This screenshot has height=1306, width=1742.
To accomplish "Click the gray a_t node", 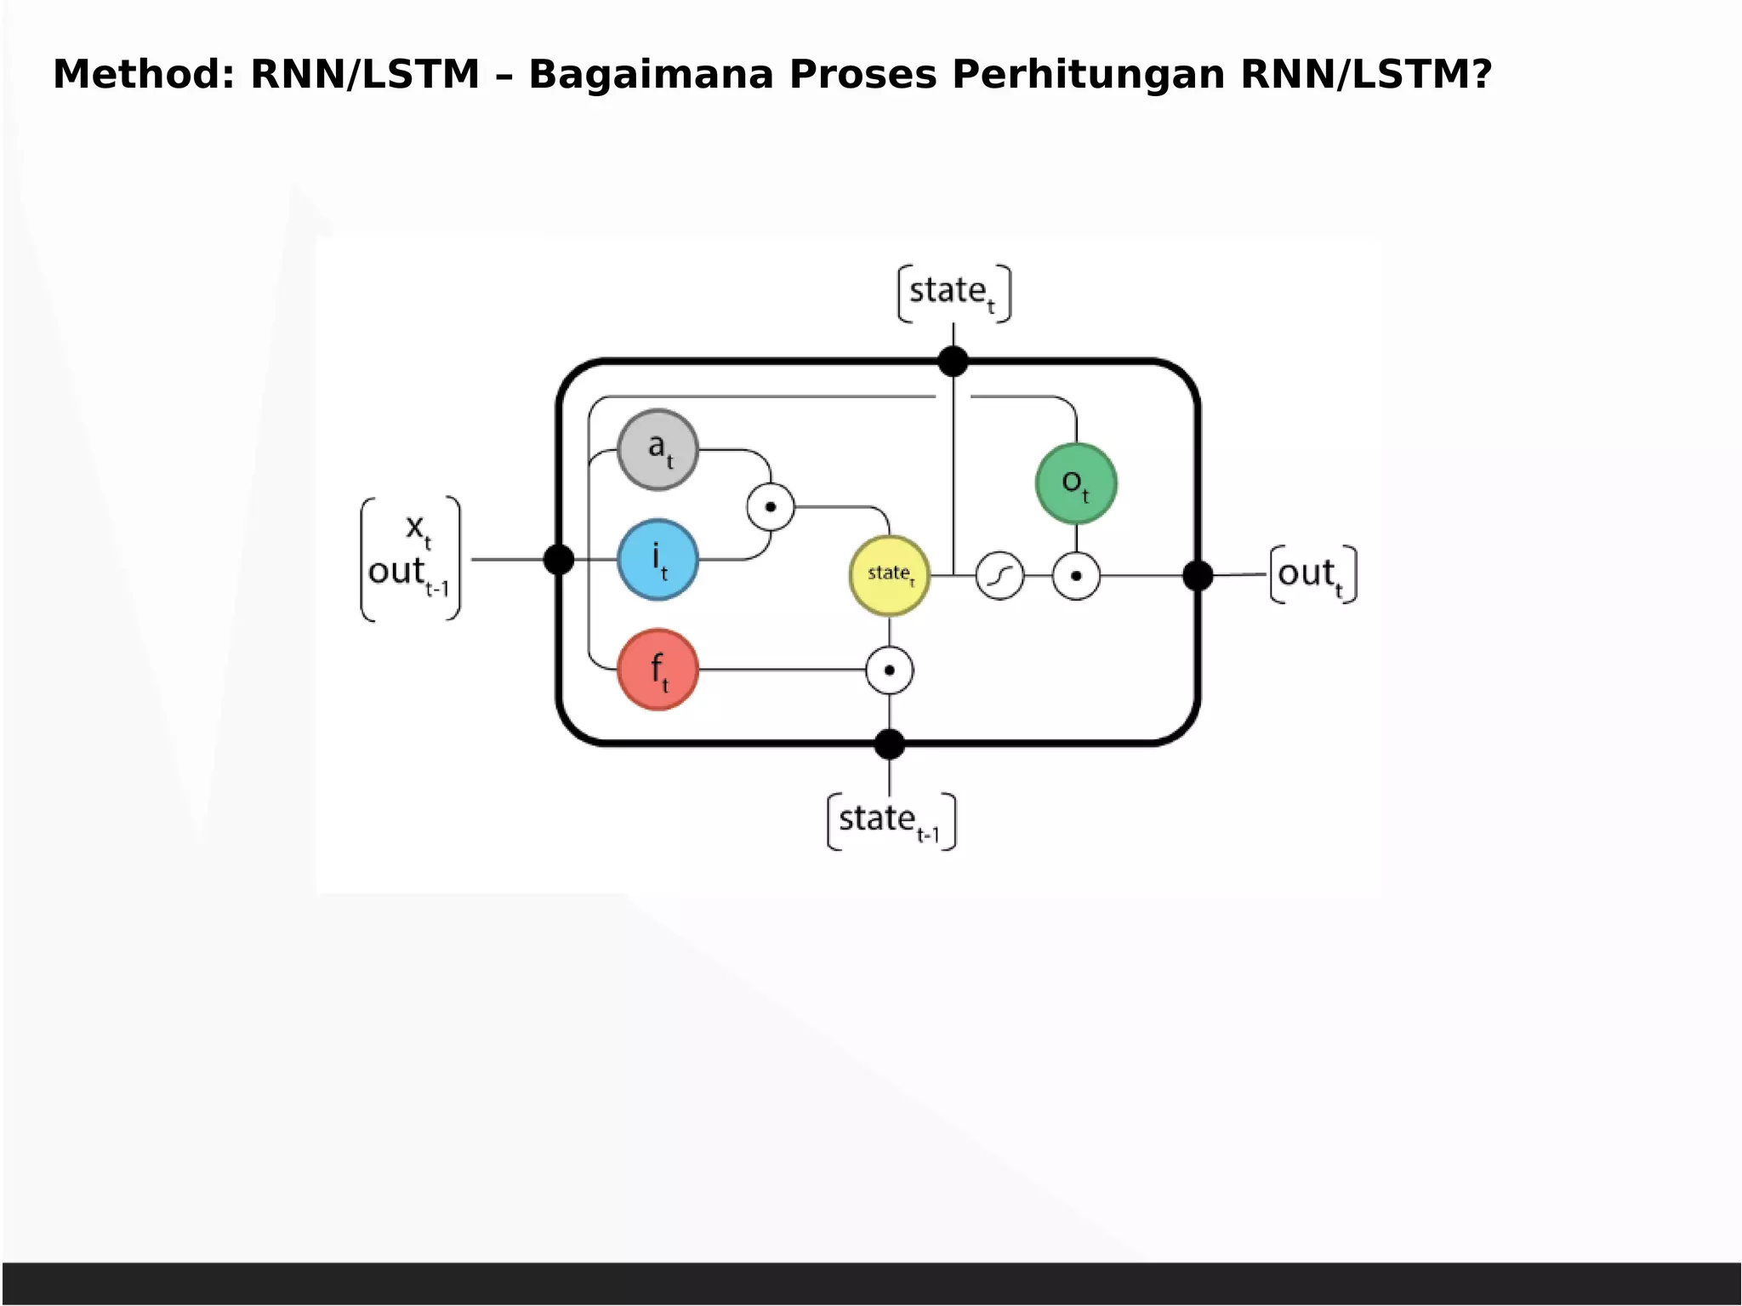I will point(658,449).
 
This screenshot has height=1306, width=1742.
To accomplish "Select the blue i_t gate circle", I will point(658,560).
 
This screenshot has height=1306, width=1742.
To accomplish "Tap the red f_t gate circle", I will point(658,670).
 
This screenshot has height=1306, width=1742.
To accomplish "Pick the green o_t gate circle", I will point(1076,483).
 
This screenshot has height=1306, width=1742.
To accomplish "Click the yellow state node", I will point(890,575).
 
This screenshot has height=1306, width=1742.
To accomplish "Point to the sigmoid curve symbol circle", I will point(999,576).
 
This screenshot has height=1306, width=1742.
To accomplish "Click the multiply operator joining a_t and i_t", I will point(771,507).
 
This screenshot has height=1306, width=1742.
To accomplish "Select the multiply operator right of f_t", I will point(890,670).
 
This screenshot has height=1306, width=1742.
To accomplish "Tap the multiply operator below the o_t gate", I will point(1076,576).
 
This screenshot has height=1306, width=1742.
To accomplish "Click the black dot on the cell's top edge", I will point(953,361).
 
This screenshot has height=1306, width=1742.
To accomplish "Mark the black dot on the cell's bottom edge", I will point(890,744).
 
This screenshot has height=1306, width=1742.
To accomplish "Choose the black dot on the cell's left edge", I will point(559,560).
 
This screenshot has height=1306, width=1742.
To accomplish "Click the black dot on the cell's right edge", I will point(1198,576).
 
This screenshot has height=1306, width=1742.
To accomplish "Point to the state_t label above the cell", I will point(954,294).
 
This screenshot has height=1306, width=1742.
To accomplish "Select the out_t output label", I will point(1312,575).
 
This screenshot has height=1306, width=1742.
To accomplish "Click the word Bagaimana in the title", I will point(651,74).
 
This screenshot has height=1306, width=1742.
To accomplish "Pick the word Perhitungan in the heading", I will point(1088,74).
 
